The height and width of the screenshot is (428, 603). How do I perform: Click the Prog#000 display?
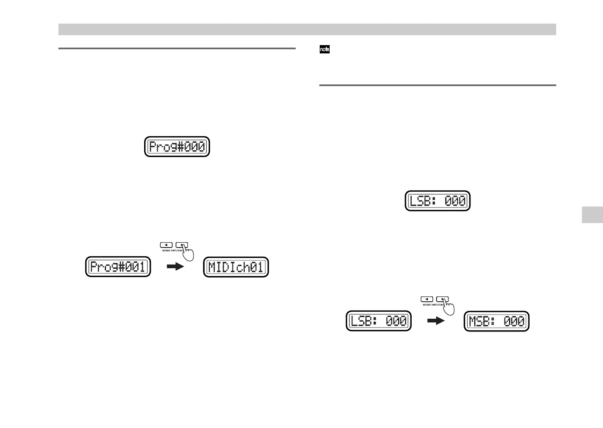[x=177, y=147]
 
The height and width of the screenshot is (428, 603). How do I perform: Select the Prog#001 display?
[x=118, y=267]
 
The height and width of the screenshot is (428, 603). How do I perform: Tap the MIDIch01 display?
[x=236, y=267]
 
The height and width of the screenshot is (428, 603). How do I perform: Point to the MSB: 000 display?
[x=497, y=321]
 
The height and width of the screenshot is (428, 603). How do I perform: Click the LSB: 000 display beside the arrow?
[x=379, y=321]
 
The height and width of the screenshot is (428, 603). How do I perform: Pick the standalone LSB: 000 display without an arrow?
[x=437, y=201]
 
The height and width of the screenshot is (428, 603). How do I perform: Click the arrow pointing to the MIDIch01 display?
[x=174, y=267]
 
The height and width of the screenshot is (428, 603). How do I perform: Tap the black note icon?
[x=325, y=50]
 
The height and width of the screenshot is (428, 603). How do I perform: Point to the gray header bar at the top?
[x=307, y=29]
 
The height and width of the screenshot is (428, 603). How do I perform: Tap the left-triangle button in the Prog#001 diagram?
[x=166, y=245]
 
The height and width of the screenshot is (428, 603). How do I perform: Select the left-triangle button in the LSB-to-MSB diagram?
[x=427, y=299]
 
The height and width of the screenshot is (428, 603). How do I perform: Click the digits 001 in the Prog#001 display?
[x=136, y=267]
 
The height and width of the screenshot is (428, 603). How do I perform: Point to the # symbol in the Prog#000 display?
[x=181, y=147]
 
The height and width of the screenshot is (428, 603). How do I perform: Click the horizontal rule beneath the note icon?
[x=437, y=85]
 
